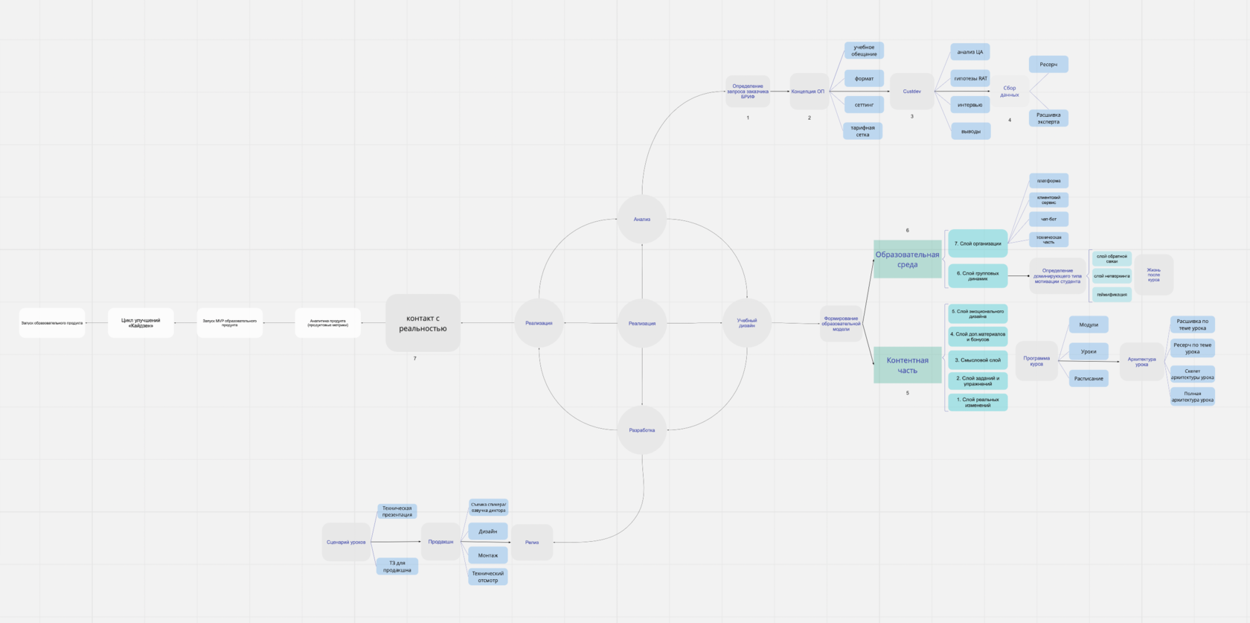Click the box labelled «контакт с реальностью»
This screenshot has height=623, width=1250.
[x=423, y=323]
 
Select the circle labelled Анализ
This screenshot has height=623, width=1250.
[x=642, y=220]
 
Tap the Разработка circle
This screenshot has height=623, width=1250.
[x=642, y=430]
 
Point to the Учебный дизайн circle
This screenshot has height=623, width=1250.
[x=747, y=323]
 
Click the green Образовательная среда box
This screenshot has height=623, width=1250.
[x=907, y=259]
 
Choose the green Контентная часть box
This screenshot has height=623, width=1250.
[x=907, y=365]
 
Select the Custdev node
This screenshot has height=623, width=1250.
[x=911, y=92]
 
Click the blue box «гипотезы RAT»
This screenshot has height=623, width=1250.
[x=970, y=78]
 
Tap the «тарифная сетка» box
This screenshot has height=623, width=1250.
[x=862, y=131]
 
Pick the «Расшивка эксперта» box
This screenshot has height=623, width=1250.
[x=1048, y=118]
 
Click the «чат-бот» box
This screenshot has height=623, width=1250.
[x=1048, y=220]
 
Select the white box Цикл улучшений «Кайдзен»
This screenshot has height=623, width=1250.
[x=141, y=323]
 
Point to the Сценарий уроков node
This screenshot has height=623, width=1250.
[x=346, y=542]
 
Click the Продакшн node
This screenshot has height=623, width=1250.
[x=440, y=542]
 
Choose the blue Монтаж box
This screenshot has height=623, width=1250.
[x=488, y=555]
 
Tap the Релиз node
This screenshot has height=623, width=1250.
[x=532, y=542]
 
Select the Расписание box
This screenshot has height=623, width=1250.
[x=1089, y=379]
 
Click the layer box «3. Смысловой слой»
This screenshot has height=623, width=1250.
[x=978, y=360]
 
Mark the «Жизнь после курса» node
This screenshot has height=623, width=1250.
[x=1153, y=275]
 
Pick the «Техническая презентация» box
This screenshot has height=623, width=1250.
[x=397, y=511]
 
